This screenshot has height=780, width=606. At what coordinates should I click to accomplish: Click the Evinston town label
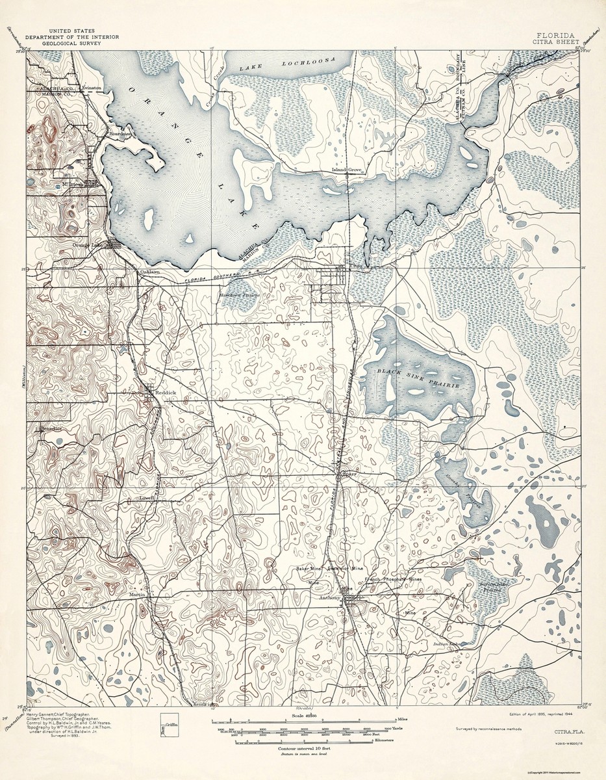91,87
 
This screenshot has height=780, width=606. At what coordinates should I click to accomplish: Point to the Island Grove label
346,170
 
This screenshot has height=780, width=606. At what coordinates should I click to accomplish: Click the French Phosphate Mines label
393,578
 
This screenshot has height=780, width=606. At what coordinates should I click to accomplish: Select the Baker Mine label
309,569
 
